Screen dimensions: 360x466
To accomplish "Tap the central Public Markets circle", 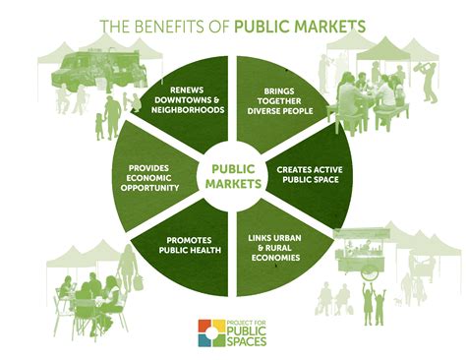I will (x=233, y=175).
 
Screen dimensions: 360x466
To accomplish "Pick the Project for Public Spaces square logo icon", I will (x=211, y=331).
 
